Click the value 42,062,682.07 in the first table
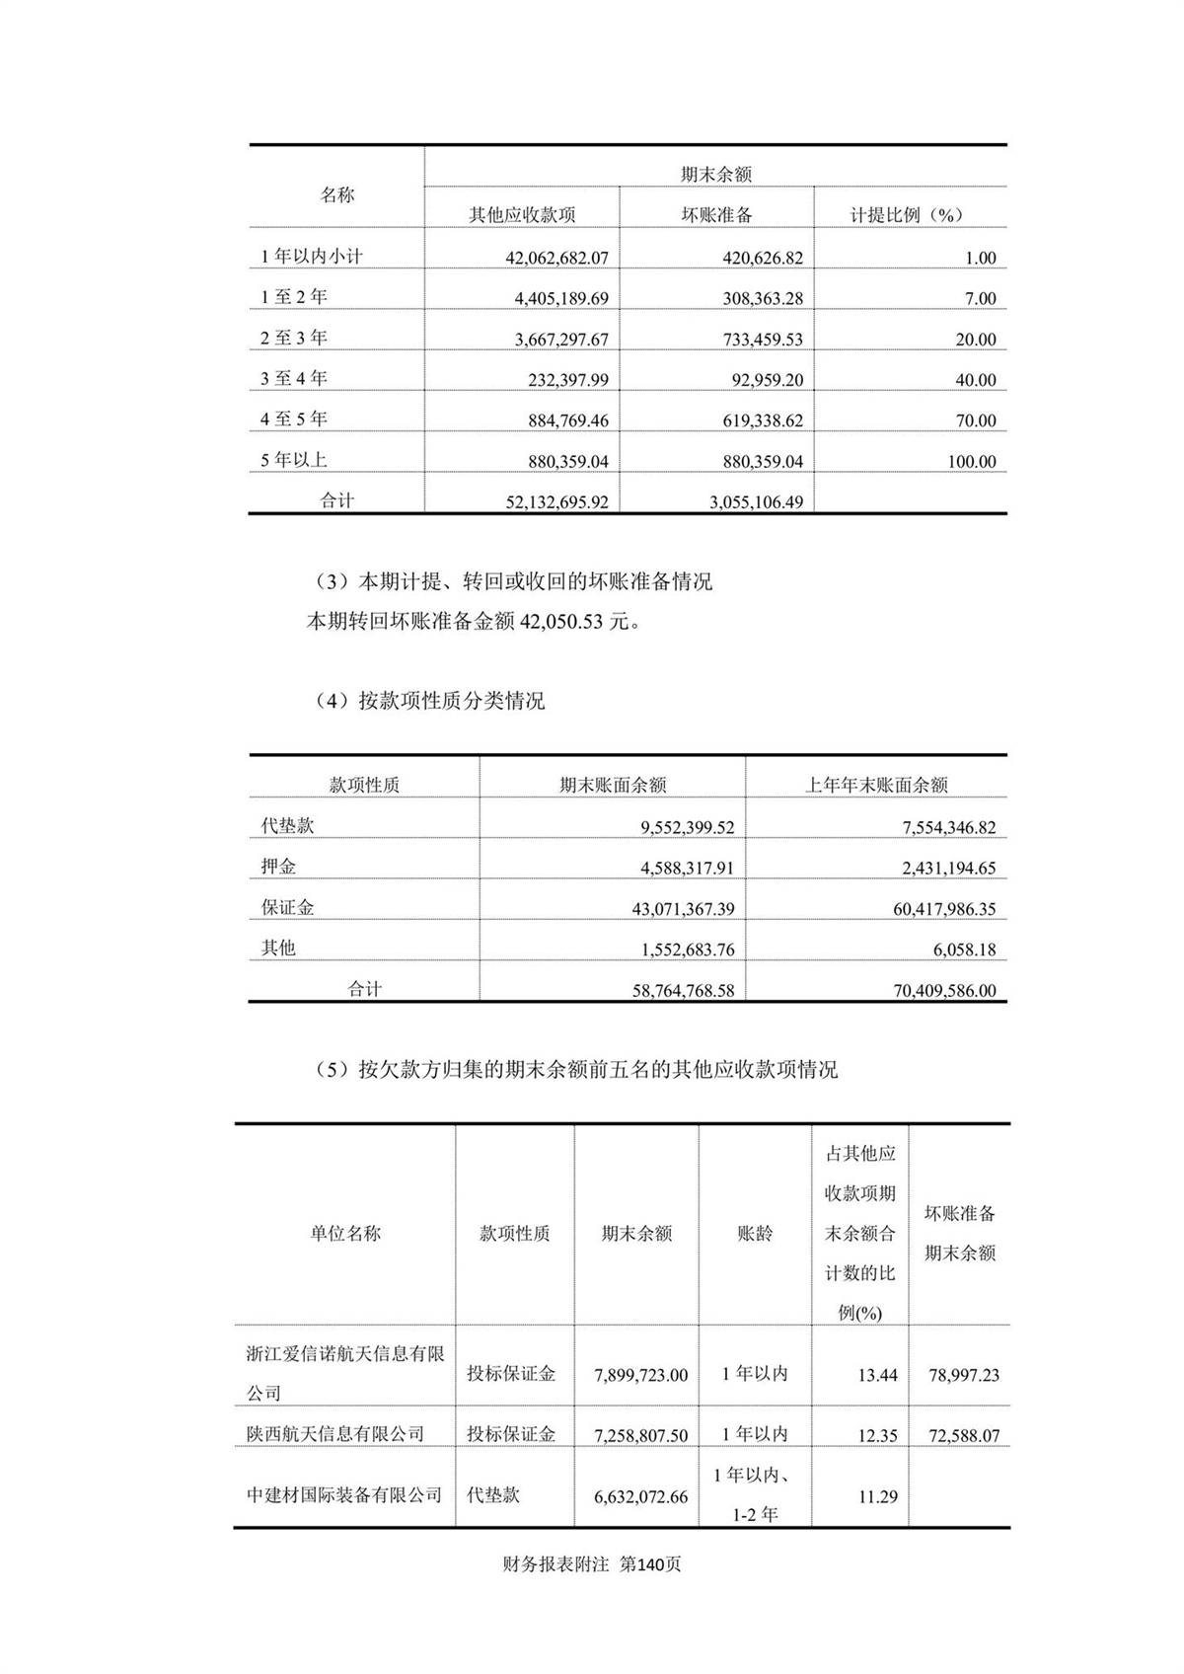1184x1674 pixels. point(556,258)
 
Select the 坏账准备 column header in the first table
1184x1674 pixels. point(716,214)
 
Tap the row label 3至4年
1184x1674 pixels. point(294,378)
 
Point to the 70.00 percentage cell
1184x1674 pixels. point(975,420)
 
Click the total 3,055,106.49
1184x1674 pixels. point(756,501)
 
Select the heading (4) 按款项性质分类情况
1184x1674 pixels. point(430,701)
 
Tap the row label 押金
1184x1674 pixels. point(278,867)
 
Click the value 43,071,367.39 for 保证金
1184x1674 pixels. point(683,909)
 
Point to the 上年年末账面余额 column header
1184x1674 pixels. point(876,786)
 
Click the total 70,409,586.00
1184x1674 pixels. point(944,990)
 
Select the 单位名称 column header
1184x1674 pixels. point(345,1233)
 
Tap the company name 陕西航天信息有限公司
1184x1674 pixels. point(335,1433)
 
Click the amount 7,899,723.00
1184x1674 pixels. point(640,1375)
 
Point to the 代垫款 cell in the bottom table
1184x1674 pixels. point(493,1494)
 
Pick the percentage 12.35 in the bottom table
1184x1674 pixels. point(876,1435)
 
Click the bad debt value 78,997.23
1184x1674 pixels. point(963,1375)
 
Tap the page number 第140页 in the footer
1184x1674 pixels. point(649,1564)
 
